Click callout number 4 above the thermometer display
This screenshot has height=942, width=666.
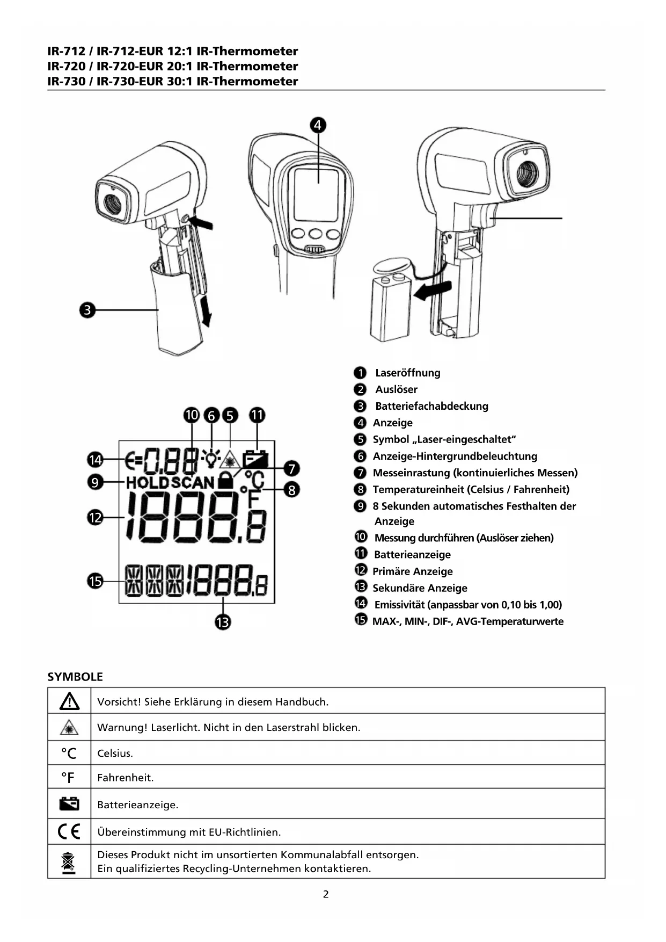pos(318,125)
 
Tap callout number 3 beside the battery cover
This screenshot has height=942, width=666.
pos(87,310)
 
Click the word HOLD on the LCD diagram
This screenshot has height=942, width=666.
pos(148,482)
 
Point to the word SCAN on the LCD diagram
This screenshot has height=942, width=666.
pos(193,482)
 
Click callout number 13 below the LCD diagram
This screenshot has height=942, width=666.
pos(223,622)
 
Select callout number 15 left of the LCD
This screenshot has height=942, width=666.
pos(95,581)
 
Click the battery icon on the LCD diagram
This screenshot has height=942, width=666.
pos(255,459)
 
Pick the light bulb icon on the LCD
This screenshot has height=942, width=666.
pos(211,458)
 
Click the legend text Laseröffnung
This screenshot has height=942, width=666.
pos(407,373)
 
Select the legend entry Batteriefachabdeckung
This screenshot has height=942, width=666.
pos(431,406)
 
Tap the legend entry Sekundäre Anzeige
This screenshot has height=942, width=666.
pos(420,588)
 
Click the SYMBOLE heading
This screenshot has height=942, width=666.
pos(75,677)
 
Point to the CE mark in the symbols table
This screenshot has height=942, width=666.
pos(69,831)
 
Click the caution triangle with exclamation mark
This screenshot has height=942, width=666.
pos(69,701)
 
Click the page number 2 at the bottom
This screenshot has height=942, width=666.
pos(326,894)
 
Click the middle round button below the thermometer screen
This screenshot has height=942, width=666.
pos(315,234)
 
